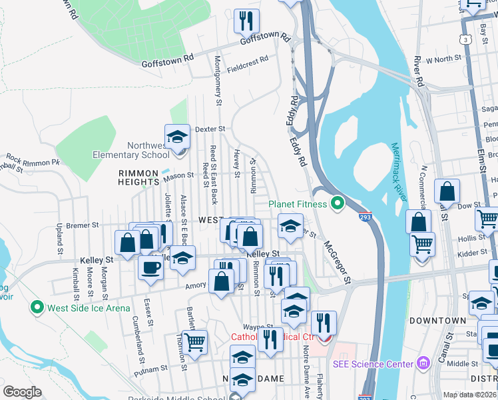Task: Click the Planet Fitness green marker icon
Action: [338, 204]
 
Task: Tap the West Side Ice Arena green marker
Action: [37, 308]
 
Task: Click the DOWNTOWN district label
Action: [437, 321]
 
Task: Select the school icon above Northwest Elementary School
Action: [177, 137]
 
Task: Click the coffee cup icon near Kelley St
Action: [150, 267]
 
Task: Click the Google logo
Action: [22, 391]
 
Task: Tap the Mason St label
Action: [178, 176]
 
